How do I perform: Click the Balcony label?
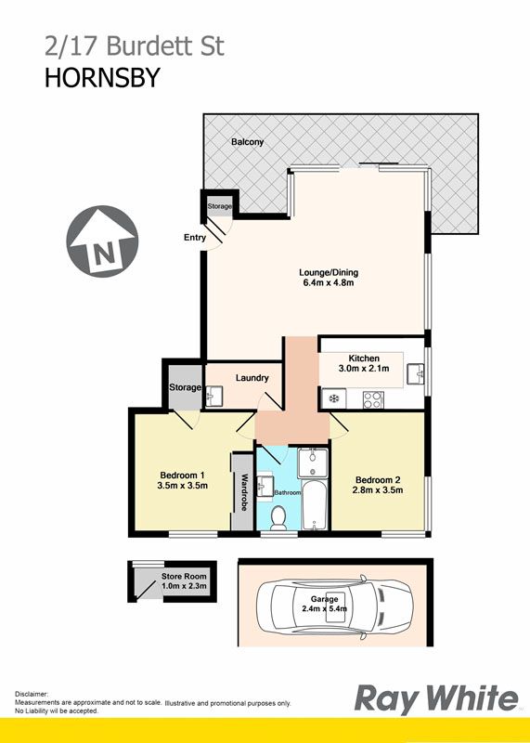247,142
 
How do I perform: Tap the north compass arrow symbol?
102,241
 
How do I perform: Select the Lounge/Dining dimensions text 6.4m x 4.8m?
329,283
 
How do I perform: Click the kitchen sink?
415,374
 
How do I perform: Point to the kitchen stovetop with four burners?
373,399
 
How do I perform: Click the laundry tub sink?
214,396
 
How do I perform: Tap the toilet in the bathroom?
278,518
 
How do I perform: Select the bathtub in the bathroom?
313,505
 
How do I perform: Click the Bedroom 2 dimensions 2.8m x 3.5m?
378,490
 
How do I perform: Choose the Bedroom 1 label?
182,476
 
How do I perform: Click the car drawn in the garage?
335,607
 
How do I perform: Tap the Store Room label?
184,576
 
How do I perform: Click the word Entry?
195,238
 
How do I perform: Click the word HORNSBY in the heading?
102,78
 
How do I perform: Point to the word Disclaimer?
32,693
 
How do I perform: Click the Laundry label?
252,378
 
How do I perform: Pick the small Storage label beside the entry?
219,206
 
